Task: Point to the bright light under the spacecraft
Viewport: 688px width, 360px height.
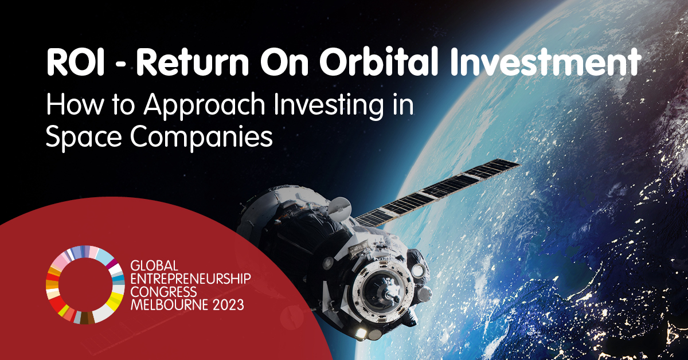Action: pyautogui.click(x=361, y=333)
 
